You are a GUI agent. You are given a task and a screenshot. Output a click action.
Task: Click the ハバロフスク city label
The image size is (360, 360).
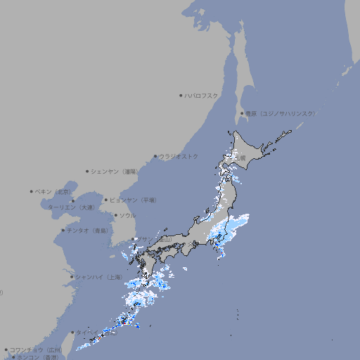click(x=202, y=96)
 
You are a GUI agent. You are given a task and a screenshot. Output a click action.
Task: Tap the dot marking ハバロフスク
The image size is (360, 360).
click(x=181, y=96)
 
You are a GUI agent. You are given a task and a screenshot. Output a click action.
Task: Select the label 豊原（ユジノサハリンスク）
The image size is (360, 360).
click(x=281, y=113)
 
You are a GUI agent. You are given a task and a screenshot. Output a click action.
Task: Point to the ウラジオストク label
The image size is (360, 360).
click(x=179, y=156)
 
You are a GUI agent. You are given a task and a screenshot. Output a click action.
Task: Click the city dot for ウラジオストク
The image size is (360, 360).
click(x=155, y=156)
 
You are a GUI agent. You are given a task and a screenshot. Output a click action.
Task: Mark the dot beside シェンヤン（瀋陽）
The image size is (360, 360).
click(x=87, y=171)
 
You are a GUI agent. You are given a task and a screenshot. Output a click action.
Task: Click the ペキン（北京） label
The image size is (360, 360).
click(x=54, y=191)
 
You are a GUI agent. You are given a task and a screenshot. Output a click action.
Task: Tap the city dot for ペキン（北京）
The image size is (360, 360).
click(x=32, y=191)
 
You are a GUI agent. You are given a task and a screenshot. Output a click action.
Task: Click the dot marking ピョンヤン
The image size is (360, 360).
click(x=106, y=200)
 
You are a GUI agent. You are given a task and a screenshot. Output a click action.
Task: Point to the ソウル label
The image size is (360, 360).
click(x=127, y=215)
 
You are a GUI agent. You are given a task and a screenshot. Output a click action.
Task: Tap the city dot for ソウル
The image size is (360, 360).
click(x=115, y=215)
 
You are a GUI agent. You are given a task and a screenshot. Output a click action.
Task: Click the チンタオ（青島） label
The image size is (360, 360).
click(x=88, y=231)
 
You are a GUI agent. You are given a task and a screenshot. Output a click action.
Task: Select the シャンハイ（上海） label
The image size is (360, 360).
click(x=98, y=277)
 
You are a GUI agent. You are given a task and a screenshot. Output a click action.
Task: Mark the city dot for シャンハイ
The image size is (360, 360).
click(x=72, y=277)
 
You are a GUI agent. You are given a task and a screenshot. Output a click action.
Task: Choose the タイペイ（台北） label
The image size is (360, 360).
click(x=98, y=333)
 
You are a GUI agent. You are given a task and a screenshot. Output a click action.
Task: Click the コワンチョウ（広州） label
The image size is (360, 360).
click(x=36, y=349)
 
